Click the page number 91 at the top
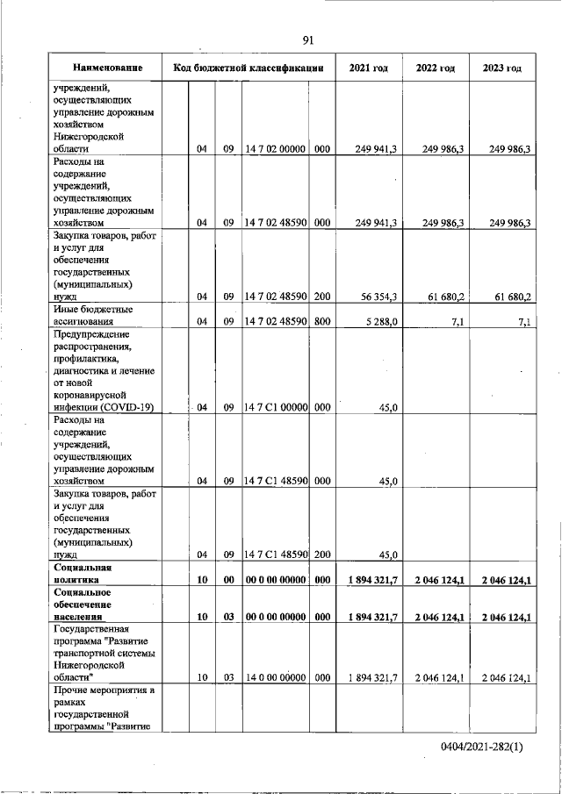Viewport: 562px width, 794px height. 308,39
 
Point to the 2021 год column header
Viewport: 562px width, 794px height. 368,68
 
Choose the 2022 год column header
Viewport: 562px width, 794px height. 435,68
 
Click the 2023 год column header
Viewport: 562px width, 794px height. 502,68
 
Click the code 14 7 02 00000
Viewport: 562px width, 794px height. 275,149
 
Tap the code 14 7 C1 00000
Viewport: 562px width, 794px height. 275,407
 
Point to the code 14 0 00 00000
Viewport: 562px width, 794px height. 275,678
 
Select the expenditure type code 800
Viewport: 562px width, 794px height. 321,322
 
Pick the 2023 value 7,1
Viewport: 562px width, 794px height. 524,322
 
